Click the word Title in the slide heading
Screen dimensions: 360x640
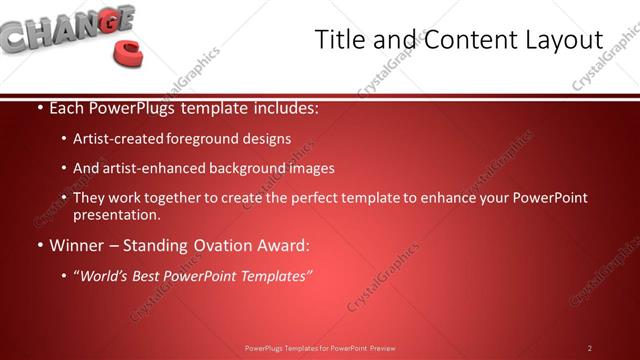coord(339,40)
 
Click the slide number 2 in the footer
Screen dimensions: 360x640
coord(589,348)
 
